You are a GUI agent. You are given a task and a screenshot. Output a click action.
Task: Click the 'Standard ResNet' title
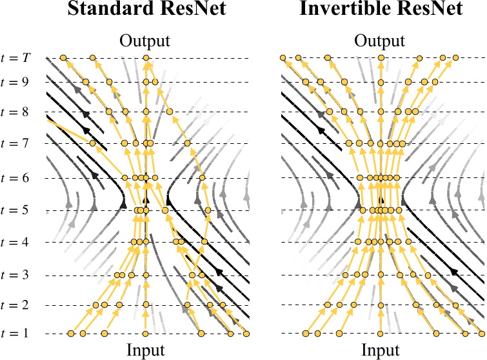pyautogui.click(x=146, y=12)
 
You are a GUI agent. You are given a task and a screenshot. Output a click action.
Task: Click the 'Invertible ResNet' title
pyautogui.click(x=382, y=12)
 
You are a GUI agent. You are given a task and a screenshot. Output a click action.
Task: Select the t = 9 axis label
pyautogui.click(x=15, y=82)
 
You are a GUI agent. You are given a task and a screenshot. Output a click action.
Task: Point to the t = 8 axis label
pyautogui.click(x=15, y=112)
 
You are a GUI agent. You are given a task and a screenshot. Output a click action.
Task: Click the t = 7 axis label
pyautogui.click(x=15, y=143)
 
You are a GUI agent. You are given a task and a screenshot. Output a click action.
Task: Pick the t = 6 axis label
pyautogui.click(x=15, y=177)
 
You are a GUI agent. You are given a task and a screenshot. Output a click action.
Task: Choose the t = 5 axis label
pyautogui.click(x=15, y=210)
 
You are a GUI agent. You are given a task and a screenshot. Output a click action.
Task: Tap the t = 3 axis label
pyautogui.click(x=15, y=275)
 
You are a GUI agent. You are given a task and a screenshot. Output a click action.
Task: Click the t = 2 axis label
pyautogui.click(x=15, y=305)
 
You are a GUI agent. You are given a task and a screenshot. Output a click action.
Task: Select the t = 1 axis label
pyautogui.click(x=15, y=334)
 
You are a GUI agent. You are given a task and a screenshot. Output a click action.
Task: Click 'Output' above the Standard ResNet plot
pyautogui.click(x=146, y=41)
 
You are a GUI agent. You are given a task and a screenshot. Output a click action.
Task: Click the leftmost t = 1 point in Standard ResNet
pyautogui.click(x=71, y=334)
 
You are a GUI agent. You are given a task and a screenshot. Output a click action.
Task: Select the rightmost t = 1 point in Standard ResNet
pyautogui.click(x=246, y=334)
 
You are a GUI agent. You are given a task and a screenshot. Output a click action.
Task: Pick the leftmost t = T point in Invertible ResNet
pyautogui.click(x=283, y=58)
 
